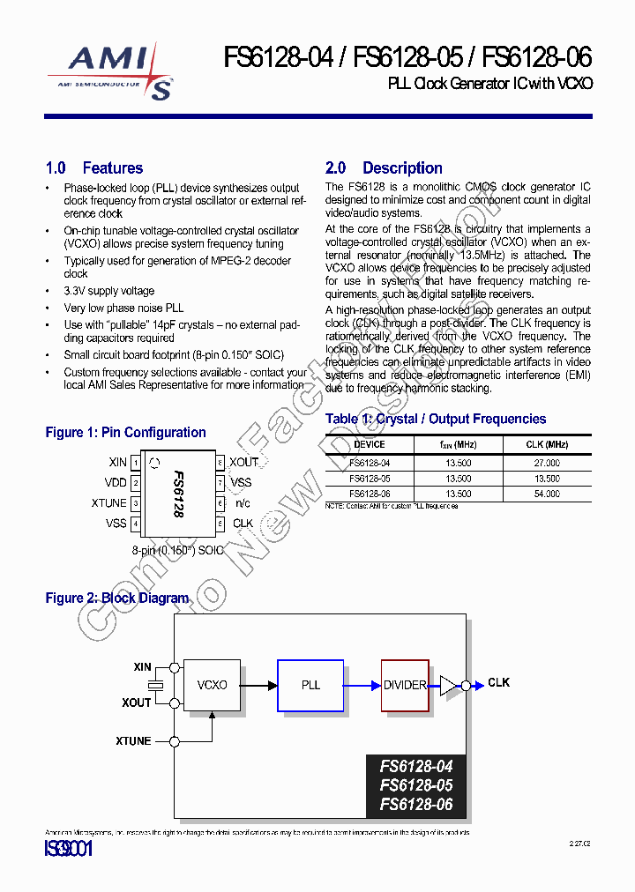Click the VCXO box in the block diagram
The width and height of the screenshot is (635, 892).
(x=212, y=685)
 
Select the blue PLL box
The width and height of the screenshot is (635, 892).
(x=310, y=685)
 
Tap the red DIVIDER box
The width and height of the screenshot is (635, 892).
(x=405, y=685)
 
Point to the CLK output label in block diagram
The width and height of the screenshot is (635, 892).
(x=498, y=683)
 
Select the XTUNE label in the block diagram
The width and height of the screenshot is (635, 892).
(x=133, y=741)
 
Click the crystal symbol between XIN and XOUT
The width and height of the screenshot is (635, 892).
(x=155, y=685)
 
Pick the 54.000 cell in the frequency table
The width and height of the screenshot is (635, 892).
(x=546, y=494)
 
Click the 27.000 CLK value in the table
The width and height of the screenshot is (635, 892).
(x=546, y=463)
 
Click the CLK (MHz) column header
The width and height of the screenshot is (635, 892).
(x=546, y=445)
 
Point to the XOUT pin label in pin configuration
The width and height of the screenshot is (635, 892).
(x=244, y=462)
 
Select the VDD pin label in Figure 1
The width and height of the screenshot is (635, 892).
(x=116, y=483)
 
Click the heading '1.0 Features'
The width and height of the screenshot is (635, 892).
(x=93, y=168)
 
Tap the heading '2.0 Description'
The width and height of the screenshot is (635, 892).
(x=384, y=168)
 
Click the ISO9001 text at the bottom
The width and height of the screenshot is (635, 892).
(x=68, y=850)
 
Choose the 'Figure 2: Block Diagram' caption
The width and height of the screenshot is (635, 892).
(x=116, y=598)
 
